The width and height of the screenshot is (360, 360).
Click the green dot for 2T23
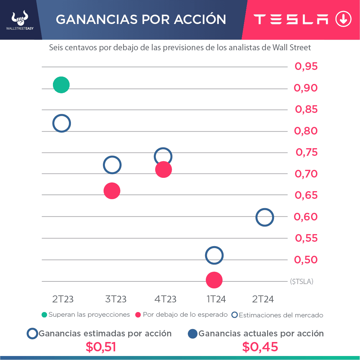coord(61,85)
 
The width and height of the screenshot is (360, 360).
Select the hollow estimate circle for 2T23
coord(62,123)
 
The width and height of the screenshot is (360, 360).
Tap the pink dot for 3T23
coord(112,191)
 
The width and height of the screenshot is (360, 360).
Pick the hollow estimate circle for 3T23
coord(112,165)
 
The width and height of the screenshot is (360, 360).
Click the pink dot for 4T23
coord(163,170)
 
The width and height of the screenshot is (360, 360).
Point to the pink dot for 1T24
coord(214,280)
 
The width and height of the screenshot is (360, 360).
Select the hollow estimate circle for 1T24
coord(214,255)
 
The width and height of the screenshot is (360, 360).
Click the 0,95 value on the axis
coord(306,67)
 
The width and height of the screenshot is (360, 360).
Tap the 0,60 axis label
coord(306,217)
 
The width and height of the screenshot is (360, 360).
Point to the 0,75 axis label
coord(307,153)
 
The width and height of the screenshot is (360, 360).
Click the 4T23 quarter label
coord(165,299)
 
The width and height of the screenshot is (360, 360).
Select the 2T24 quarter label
coord(263,299)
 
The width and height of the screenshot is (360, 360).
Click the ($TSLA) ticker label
coord(302,281)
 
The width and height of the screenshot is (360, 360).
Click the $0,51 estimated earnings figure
coord(101,347)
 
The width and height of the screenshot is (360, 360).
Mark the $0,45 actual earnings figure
coord(260,347)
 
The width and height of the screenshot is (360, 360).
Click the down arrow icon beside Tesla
coord(343,19)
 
